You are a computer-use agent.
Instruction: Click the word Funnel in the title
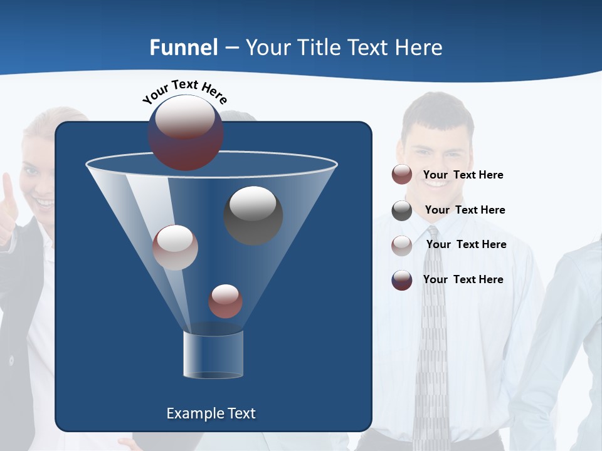[184, 48]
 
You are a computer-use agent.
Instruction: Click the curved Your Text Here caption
[185, 91]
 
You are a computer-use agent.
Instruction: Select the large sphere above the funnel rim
[186, 132]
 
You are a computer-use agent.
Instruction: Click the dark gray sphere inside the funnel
[253, 215]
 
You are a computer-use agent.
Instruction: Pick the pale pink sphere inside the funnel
[175, 247]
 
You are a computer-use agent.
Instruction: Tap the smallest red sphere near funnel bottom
[225, 301]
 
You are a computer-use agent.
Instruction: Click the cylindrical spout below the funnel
[213, 355]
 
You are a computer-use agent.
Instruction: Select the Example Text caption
[211, 413]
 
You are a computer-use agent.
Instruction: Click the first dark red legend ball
[402, 175]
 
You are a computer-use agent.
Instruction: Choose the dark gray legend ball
[402, 210]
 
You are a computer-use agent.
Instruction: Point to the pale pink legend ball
[402, 246]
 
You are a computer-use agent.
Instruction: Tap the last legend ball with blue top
[402, 280]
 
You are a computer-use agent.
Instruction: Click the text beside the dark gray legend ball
[465, 210]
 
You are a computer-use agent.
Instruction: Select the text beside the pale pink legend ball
[466, 245]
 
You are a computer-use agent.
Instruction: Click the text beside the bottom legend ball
[463, 279]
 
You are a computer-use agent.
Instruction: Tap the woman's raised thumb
[6, 188]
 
